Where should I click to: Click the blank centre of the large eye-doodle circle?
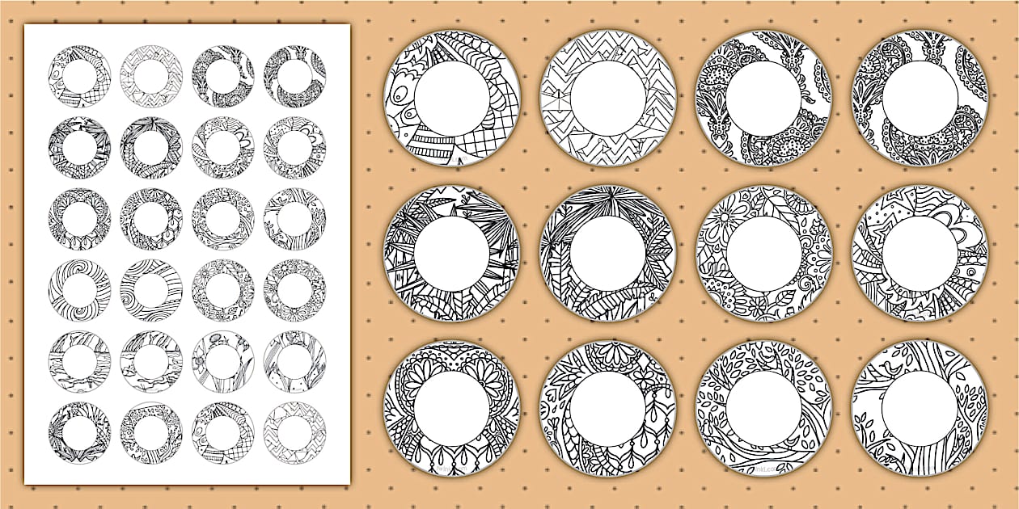click(452, 98)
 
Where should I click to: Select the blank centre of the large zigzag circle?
click(608, 98)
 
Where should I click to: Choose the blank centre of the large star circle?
click(920, 254)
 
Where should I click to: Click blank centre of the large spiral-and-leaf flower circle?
click(763, 254)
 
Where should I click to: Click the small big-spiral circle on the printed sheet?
click(78, 288)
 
